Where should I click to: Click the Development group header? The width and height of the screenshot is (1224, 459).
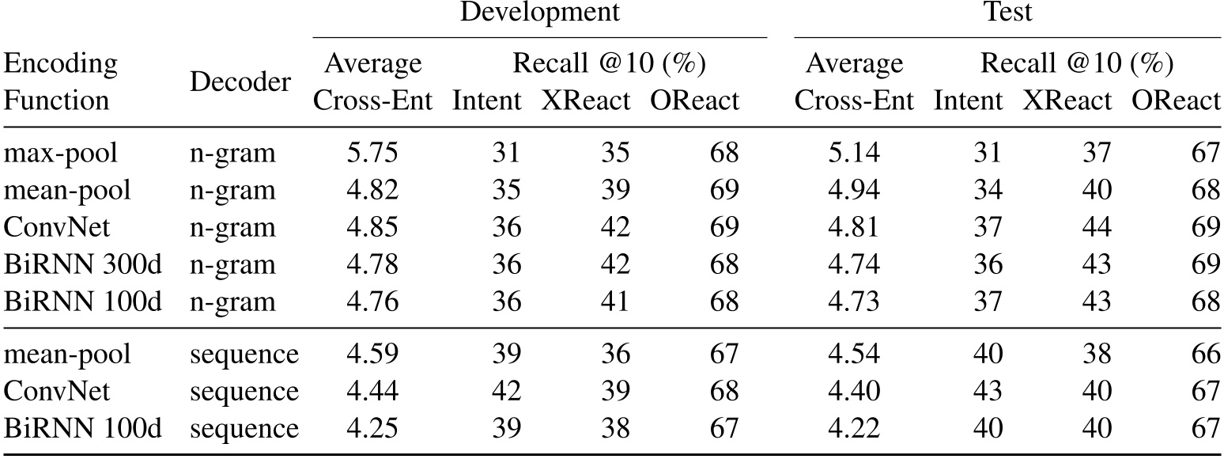pos(540,13)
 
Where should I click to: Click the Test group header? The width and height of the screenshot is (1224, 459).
pos(1008,13)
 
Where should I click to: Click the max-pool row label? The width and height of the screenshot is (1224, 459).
pos(60,152)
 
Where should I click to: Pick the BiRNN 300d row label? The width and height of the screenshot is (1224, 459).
pos(82,264)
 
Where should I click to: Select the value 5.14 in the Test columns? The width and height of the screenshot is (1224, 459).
pos(854,152)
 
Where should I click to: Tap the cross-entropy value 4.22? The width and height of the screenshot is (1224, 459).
pos(854,429)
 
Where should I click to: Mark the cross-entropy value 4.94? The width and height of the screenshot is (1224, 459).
pos(854,190)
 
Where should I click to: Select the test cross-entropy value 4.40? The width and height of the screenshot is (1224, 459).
pos(854,392)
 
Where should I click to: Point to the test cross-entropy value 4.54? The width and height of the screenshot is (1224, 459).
pos(854,354)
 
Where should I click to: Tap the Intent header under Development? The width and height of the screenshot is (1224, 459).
pos(486,101)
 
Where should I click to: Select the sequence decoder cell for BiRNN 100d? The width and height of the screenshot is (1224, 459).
pos(244,429)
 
